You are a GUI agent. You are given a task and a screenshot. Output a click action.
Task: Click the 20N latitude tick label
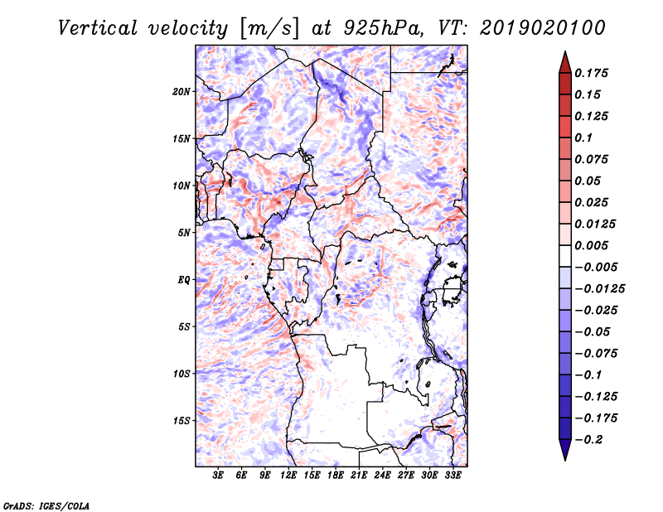click(181, 91)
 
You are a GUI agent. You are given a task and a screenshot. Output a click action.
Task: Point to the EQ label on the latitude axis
click(183, 279)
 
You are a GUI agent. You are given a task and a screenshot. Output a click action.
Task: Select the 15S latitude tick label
click(181, 421)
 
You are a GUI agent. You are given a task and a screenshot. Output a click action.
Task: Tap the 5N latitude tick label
click(183, 233)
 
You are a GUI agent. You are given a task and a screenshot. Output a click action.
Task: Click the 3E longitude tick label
click(219, 476)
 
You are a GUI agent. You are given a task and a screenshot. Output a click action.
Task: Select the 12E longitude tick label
click(289, 476)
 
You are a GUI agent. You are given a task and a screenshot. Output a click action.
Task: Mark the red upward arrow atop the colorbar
click(564, 61)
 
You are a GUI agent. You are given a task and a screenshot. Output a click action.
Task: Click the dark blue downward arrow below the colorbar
click(564, 450)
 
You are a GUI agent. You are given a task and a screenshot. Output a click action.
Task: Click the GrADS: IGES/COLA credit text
click(46, 505)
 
